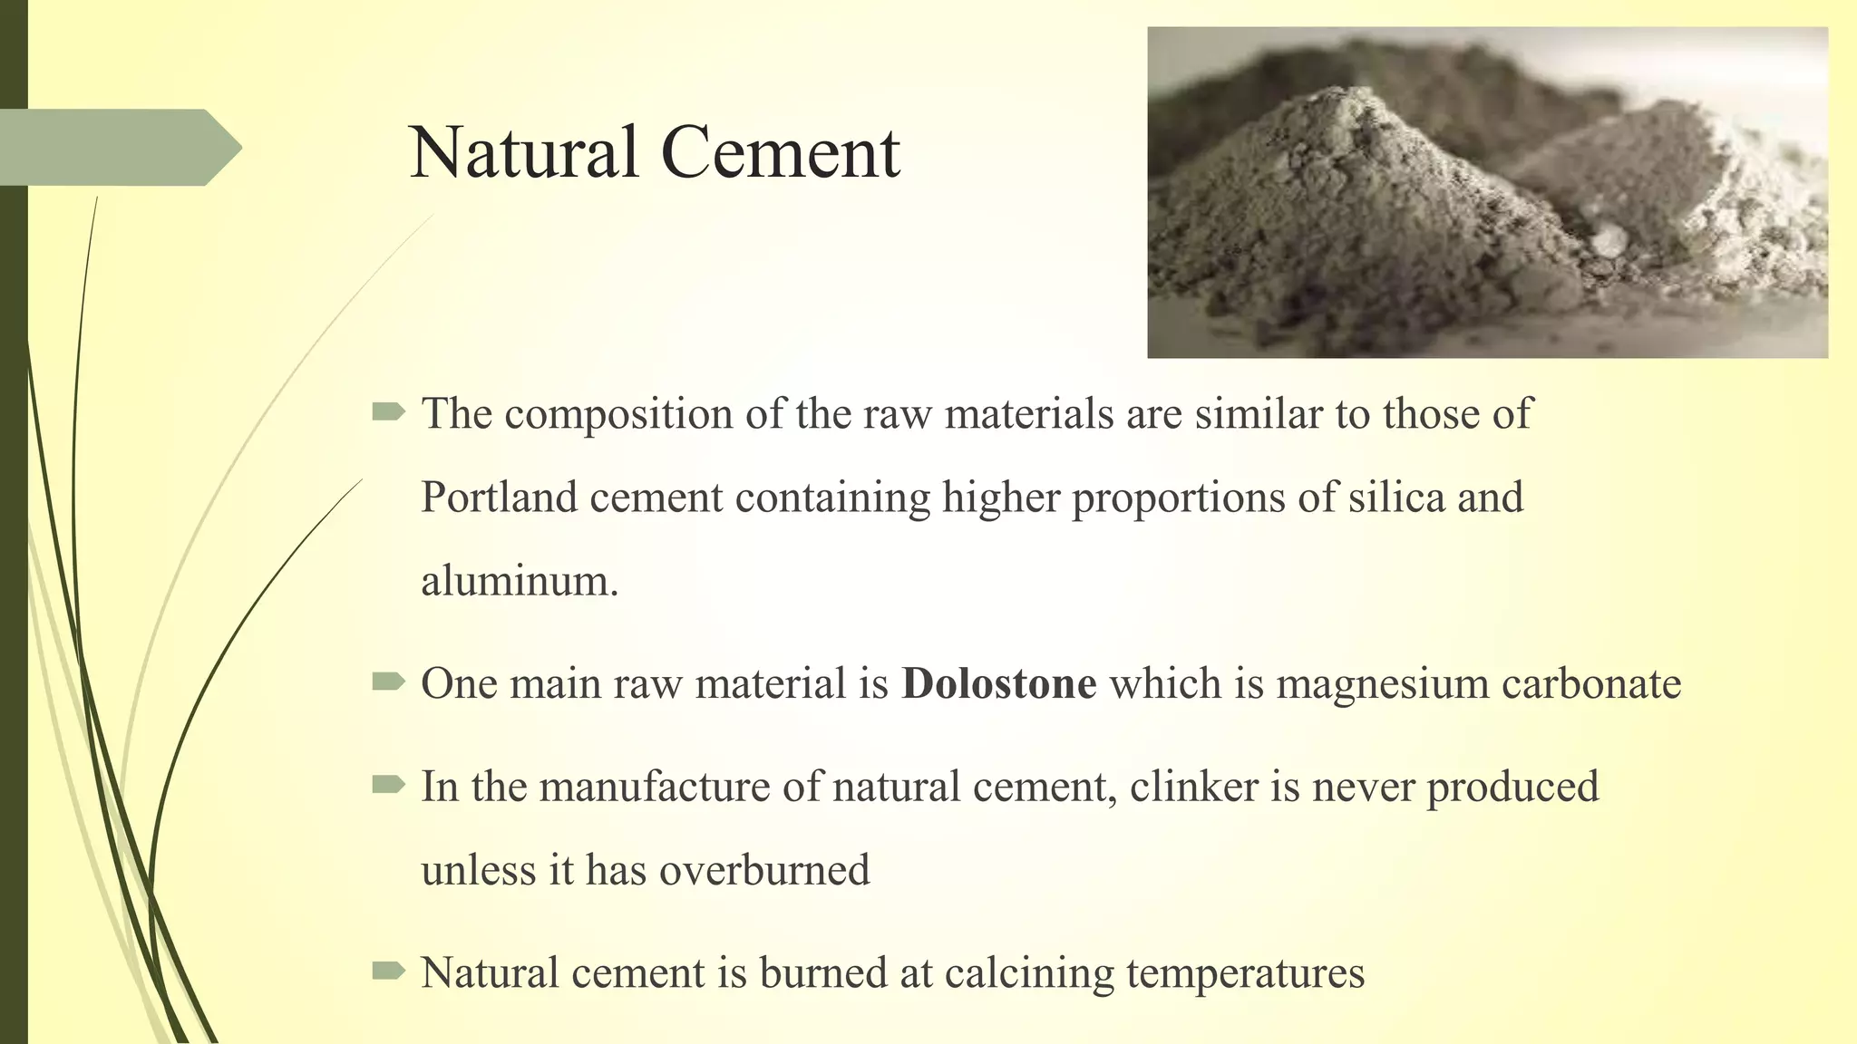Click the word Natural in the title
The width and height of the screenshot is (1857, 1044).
524,152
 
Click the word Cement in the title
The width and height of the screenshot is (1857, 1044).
781,152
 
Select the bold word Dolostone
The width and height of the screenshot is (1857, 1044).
998,683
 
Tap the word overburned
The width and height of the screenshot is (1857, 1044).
763,871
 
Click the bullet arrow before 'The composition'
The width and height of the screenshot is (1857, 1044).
388,413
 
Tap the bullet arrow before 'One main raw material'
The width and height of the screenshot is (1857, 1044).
388,681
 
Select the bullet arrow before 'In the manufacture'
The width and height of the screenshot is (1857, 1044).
388,785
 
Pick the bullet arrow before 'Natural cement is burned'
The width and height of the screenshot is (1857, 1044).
388,971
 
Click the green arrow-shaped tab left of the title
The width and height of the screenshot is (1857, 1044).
118,148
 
